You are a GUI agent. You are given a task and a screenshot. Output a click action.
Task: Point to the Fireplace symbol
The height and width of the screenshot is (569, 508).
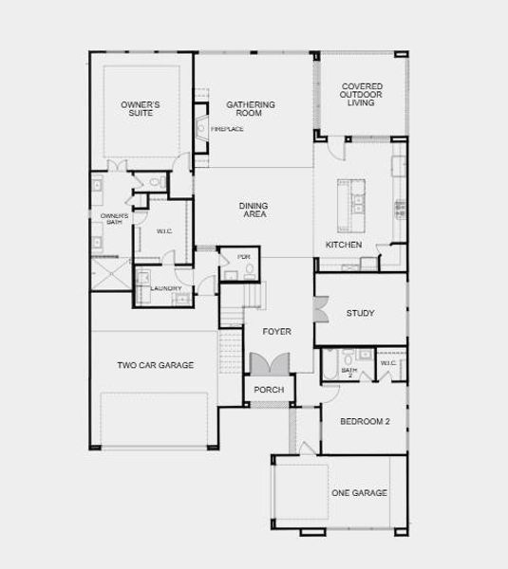point(201,127)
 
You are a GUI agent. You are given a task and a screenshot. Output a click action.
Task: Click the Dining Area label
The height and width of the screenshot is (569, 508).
point(254,210)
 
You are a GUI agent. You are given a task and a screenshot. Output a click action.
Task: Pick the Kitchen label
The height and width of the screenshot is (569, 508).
point(344,245)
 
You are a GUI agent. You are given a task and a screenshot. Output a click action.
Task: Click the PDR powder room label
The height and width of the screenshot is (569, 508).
point(243,257)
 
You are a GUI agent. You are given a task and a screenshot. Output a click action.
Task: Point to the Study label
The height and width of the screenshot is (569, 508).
point(360,313)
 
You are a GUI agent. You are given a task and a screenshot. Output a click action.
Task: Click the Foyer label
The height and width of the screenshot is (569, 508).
point(277,331)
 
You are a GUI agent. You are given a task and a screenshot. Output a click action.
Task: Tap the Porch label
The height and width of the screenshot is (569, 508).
point(270,390)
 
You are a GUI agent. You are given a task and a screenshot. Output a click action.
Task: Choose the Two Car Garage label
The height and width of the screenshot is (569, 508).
point(156,365)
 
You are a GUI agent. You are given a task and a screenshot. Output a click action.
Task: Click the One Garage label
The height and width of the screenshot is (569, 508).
point(359,492)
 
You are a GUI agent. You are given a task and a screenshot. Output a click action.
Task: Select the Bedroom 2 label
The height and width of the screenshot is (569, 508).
point(366,421)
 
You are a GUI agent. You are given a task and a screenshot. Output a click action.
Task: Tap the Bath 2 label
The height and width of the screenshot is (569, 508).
point(348,371)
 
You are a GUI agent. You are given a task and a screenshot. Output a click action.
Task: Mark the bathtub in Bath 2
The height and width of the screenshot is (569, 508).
point(329,366)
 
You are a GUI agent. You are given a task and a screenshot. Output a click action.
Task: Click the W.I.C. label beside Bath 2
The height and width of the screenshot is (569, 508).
point(388,363)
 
